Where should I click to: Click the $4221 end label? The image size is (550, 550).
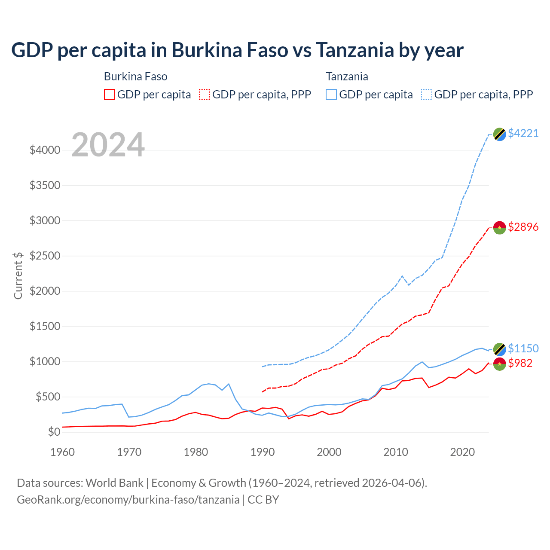[x=523, y=133]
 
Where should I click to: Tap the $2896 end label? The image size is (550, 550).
[x=523, y=227]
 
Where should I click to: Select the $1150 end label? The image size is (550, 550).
[x=523, y=348]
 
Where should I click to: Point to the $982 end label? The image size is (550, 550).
[x=520, y=363]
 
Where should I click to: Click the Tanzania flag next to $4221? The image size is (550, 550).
[x=499, y=134]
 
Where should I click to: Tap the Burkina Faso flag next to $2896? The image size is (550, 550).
[x=499, y=228]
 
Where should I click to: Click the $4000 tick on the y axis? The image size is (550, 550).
[x=45, y=150]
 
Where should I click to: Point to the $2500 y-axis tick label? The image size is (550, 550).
[x=45, y=256]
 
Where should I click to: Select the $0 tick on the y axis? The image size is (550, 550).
[x=54, y=432]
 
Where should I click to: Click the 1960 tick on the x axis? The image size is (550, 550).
[x=63, y=452]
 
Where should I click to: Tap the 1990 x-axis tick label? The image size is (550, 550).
[x=263, y=452]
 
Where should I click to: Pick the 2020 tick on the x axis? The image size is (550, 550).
[x=462, y=452]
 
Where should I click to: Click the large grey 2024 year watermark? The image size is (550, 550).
[x=108, y=145]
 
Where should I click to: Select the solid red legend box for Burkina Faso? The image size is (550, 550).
[x=110, y=95]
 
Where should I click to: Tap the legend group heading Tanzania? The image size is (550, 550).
[x=347, y=76]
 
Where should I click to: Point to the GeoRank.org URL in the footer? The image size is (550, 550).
[x=128, y=500]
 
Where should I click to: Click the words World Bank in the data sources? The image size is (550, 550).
[x=114, y=483]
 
